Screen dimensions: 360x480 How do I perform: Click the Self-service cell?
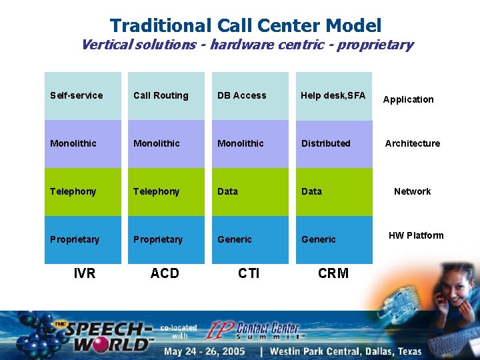[x=83, y=96]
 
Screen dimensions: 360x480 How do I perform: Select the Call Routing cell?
[x=166, y=96]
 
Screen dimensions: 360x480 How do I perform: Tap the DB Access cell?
[x=250, y=96]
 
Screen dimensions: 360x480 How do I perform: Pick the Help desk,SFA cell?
[x=333, y=96]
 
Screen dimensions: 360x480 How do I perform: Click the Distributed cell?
[x=333, y=144]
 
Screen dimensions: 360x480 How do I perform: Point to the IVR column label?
[x=85, y=273]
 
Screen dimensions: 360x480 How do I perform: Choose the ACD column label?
[x=165, y=273]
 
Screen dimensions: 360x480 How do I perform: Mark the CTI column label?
[x=249, y=273]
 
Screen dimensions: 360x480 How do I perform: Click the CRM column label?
[x=333, y=273]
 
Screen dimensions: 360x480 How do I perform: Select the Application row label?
[x=408, y=99]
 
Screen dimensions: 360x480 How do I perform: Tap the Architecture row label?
[x=412, y=143]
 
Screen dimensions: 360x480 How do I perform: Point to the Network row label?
[x=412, y=191]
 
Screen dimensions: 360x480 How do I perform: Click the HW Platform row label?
[x=416, y=235]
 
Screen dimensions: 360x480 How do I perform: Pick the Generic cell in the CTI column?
[x=250, y=239]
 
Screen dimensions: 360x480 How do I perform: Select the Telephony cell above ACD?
[x=166, y=192]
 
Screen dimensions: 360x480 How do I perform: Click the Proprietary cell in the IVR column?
[x=83, y=239]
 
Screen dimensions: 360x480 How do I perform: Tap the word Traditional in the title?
[x=161, y=26]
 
